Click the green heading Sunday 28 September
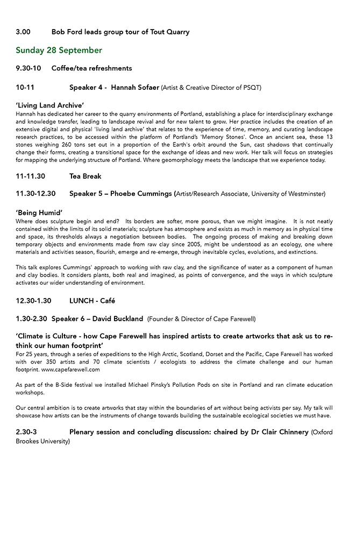click(59, 50)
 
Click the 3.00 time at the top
click(23, 32)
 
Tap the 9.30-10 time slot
click(29, 68)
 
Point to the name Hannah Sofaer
click(135, 87)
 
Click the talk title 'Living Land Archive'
click(50, 105)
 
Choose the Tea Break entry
click(86, 176)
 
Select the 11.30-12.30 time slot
click(36, 193)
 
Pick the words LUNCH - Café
click(92, 301)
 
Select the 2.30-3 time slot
click(26, 431)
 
